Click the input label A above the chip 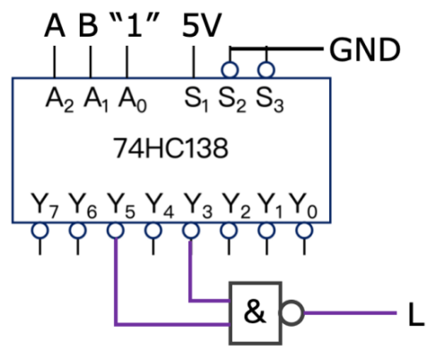coord(55,26)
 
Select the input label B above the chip coord(88,26)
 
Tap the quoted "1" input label coord(135,24)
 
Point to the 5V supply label coord(202,26)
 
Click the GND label coord(364,49)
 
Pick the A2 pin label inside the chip coord(59,100)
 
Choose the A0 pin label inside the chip coord(133,100)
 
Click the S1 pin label coord(196,100)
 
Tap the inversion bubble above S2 coord(230,70)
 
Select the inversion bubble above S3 coord(266,70)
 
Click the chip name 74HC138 coord(171,148)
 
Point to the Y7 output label coord(45,206)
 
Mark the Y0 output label coord(303,206)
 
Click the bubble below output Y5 coord(116,231)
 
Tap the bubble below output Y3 coord(191,231)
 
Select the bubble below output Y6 coord(78,231)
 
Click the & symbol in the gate coord(255,312)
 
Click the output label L coord(416,314)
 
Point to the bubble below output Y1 coord(266,231)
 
